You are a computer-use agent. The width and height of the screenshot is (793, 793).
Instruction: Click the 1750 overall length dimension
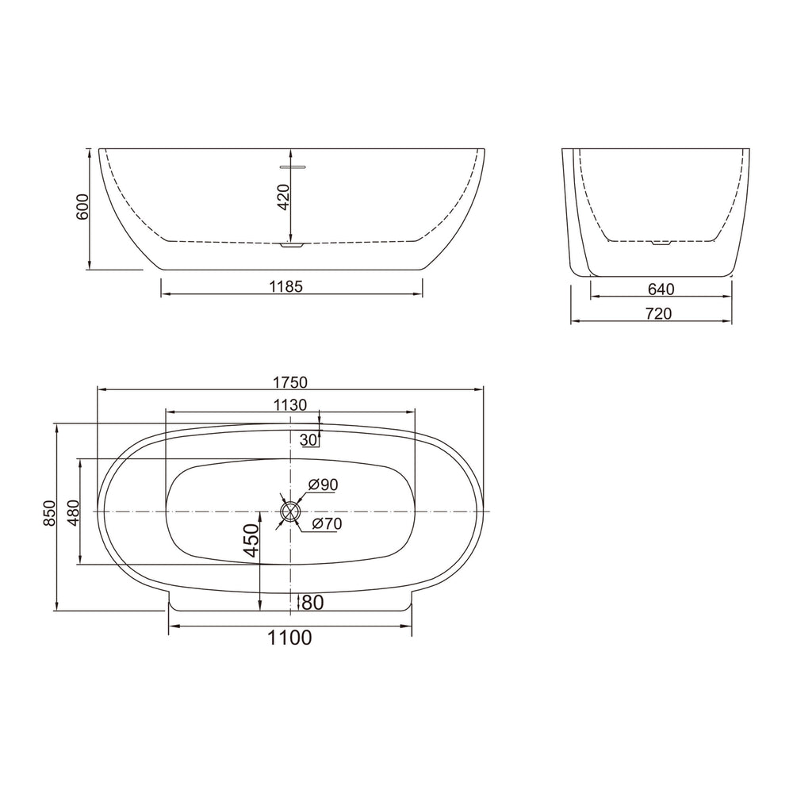[289, 382]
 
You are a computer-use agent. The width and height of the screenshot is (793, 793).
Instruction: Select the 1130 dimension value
[289, 405]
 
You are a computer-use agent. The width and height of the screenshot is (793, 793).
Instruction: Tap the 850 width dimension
[49, 513]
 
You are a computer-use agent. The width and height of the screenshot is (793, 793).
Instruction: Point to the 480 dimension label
[74, 513]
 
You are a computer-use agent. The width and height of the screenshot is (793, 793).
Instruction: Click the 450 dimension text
[251, 541]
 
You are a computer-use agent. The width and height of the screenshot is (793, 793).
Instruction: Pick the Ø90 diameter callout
[323, 485]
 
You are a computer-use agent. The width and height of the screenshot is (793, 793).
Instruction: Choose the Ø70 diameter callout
[327, 523]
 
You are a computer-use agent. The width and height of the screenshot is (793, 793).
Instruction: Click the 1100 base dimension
[289, 638]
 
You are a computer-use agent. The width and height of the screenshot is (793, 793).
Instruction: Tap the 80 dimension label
[312, 603]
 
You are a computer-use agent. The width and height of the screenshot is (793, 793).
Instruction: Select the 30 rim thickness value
[308, 440]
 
